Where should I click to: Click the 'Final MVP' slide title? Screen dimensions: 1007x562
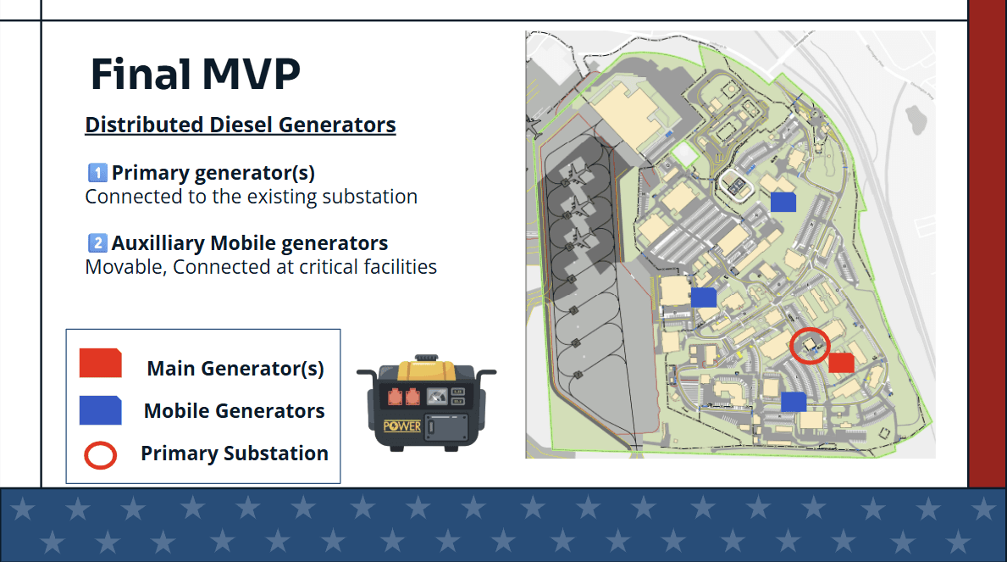click(x=196, y=74)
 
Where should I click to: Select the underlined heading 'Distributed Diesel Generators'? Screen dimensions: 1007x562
click(x=241, y=125)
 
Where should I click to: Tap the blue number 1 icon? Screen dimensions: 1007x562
click(x=97, y=172)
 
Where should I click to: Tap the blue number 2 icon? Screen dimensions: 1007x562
click(x=97, y=242)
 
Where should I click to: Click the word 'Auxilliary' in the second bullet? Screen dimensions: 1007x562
click(x=158, y=243)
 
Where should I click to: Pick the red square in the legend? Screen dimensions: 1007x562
click(x=100, y=363)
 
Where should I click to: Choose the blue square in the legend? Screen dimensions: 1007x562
click(x=100, y=410)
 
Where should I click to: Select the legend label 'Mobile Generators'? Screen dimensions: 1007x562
click(x=235, y=411)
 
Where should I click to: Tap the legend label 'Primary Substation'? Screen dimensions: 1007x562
click(x=235, y=453)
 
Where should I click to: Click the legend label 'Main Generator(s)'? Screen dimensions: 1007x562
click(x=235, y=369)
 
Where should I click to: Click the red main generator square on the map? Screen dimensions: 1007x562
click(x=841, y=363)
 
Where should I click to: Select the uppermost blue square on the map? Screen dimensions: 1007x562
click(x=783, y=202)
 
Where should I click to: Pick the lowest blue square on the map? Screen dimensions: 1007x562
click(x=793, y=402)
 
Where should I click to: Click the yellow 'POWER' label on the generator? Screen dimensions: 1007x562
click(x=402, y=426)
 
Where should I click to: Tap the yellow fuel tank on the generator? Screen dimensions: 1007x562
click(x=427, y=370)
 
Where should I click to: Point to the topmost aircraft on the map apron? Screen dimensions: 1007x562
click(x=578, y=174)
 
